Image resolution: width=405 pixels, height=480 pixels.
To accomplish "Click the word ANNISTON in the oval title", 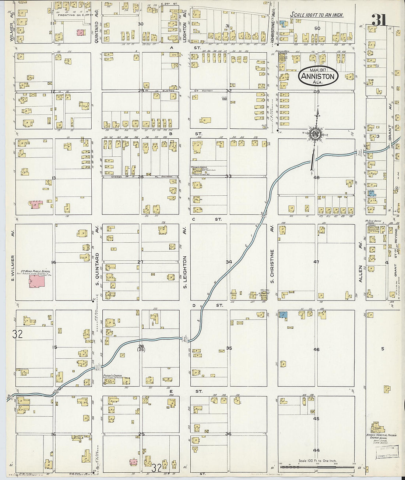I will click(318, 77).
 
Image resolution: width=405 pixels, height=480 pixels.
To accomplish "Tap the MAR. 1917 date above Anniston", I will click(318, 70).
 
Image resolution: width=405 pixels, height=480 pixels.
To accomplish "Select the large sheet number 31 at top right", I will click(379, 21).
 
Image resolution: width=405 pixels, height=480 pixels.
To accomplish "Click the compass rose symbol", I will click(315, 133).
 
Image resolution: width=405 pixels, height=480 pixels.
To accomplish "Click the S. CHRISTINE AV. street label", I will click(272, 264).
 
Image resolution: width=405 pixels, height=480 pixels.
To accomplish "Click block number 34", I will click(229, 262).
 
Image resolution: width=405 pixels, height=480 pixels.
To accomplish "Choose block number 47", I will click(316, 262).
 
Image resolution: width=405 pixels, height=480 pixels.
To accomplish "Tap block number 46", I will click(316, 349).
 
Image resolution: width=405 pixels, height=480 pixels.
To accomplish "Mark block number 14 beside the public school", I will click(54, 262).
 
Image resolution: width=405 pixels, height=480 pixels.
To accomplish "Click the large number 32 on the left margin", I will click(17, 334).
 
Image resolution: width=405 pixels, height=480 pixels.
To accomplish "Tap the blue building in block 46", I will click(283, 315).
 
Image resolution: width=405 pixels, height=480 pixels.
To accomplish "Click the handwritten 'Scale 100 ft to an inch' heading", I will click(317, 15).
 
